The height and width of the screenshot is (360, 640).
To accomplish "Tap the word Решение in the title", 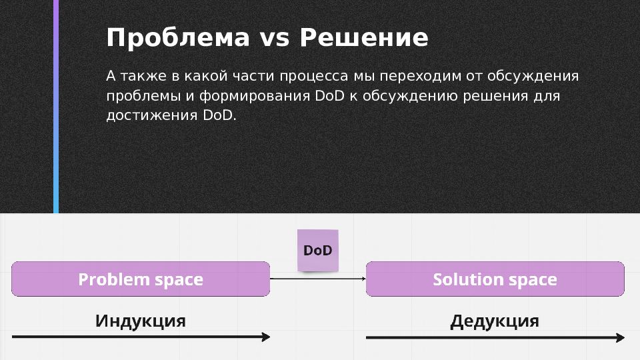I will (x=364, y=39).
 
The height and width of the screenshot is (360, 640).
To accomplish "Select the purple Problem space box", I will (x=141, y=279).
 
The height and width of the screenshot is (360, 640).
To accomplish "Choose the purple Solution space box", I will (x=495, y=279).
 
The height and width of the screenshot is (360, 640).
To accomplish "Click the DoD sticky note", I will (x=317, y=251).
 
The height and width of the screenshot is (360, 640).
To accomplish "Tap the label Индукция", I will (x=141, y=321).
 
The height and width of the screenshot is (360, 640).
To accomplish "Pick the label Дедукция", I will (x=495, y=321).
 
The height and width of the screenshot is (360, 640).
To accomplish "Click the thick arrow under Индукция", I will (x=141, y=337).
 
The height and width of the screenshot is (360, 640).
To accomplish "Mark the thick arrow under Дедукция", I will (x=495, y=337).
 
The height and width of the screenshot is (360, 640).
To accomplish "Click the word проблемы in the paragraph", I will (x=140, y=97).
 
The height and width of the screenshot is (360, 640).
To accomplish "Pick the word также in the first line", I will (x=141, y=76).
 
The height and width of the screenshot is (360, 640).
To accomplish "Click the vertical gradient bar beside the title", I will (x=56, y=107).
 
